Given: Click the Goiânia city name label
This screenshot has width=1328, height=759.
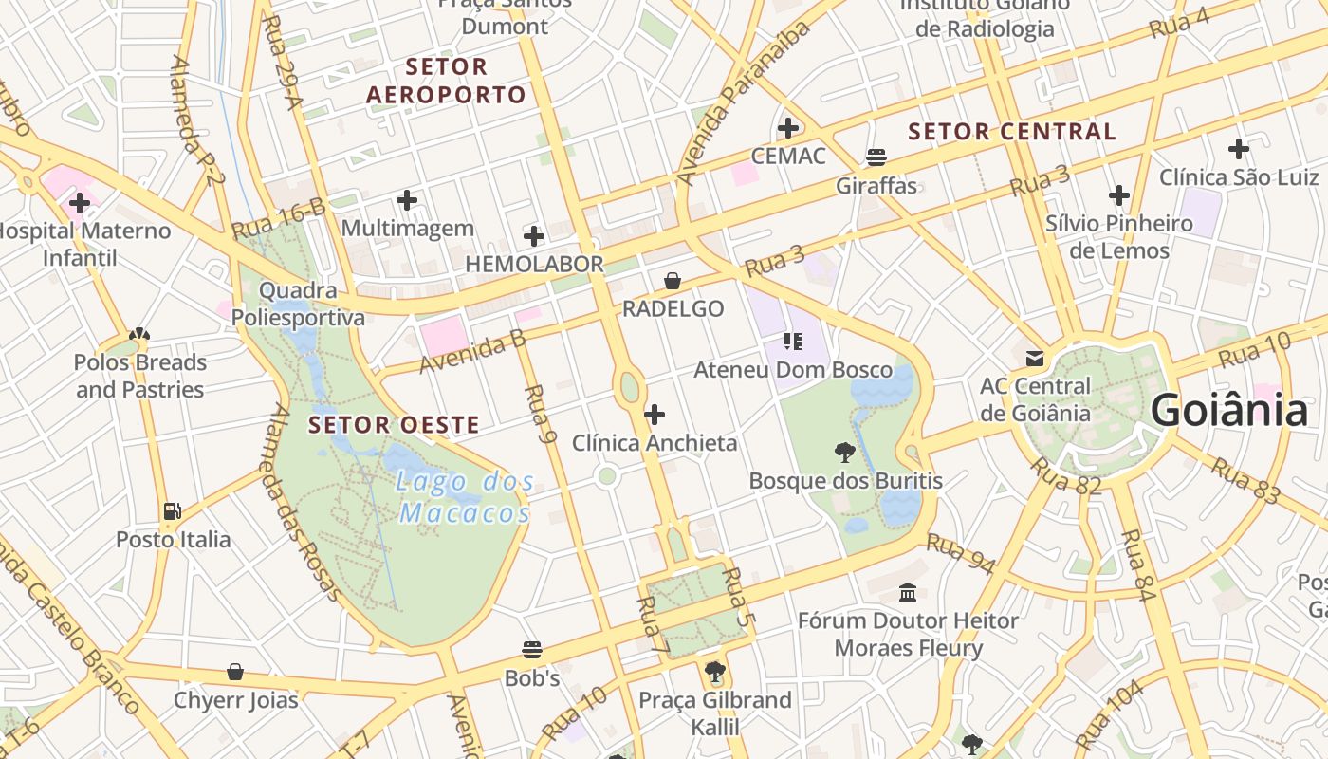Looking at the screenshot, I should pyautogui.click(x=1229, y=412).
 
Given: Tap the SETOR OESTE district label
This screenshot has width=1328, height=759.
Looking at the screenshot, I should pyautogui.click(x=394, y=425).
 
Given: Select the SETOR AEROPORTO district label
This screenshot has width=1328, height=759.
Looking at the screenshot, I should pyautogui.click(x=446, y=81).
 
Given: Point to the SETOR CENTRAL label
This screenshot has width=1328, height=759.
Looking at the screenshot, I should pyautogui.click(x=1012, y=132).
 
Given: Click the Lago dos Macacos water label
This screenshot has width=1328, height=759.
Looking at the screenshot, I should pyautogui.click(x=465, y=497).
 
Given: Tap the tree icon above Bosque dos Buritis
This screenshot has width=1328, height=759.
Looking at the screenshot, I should pyautogui.click(x=844, y=453).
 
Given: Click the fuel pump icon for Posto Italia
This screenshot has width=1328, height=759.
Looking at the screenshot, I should pyautogui.click(x=172, y=511).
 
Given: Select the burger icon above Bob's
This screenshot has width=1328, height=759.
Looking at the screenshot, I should pyautogui.click(x=532, y=650).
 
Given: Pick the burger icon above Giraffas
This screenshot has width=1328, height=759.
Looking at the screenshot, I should pyautogui.click(x=876, y=157).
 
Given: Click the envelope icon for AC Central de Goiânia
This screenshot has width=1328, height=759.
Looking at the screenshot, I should pyautogui.click(x=1034, y=359).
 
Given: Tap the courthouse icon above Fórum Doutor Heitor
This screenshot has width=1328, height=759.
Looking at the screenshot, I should pyautogui.click(x=908, y=592).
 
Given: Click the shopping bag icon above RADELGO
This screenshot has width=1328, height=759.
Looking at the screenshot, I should pyautogui.click(x=673, y=281).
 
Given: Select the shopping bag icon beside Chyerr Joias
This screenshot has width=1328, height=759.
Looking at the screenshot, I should pyautogui.click(x=235, y=673).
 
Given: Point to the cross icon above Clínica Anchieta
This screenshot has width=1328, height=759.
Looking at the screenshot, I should pyautogui.click(x=655, y=415).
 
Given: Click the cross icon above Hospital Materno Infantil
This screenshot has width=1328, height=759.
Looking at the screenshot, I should pyautogui.click(x=80, y=202).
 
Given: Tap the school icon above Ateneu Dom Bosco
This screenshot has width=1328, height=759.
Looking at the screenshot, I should pyautogui.click(x=793, y=342).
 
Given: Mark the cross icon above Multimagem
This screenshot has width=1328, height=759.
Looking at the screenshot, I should pyautogui.click(x=407, y=200).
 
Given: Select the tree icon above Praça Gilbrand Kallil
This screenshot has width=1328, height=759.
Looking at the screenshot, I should pyautogui.click(x=715, y=673).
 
